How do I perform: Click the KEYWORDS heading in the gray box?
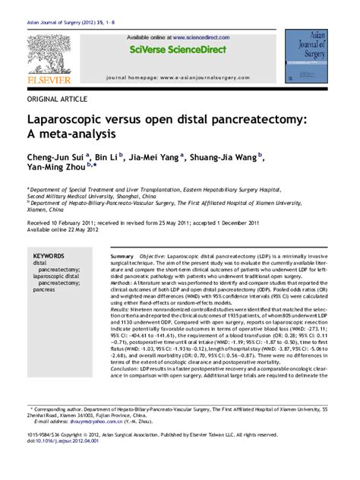click(x=49, y=257)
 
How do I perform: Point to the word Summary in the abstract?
click(x=122, y=257)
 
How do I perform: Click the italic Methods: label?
click(x=124, y=281)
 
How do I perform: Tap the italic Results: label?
click(x=122, y=310)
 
